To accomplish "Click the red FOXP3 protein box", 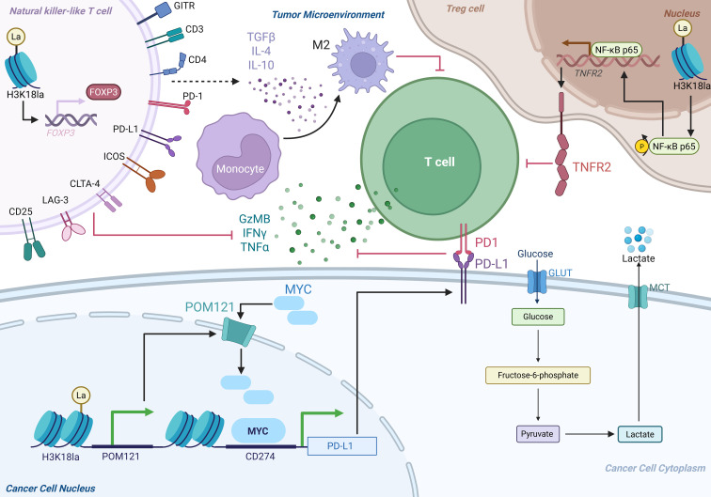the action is point(103,92).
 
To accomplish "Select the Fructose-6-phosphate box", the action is point(538,375).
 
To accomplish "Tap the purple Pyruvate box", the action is point(537,433).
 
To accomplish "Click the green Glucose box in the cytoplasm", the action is point(538,317).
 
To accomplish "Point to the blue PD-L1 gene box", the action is point(342,446).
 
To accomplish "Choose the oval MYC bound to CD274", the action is point(258,431).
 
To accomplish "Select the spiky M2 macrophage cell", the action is point(362,61).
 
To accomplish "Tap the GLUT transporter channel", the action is point(537,282).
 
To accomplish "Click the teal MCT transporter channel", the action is point(638,296).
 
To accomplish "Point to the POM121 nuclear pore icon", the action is point(239,332).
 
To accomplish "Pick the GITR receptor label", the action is point(184,7).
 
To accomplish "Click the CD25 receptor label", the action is point(21,211).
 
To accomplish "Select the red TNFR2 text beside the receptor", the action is point(592,167).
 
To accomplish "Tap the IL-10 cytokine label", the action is point(261,65).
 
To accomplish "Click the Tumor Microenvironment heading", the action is point(328,14).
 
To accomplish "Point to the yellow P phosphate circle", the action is point(641,146).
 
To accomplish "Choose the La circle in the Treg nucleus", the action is point(683,28).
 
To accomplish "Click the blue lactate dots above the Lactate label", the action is point(639,239).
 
